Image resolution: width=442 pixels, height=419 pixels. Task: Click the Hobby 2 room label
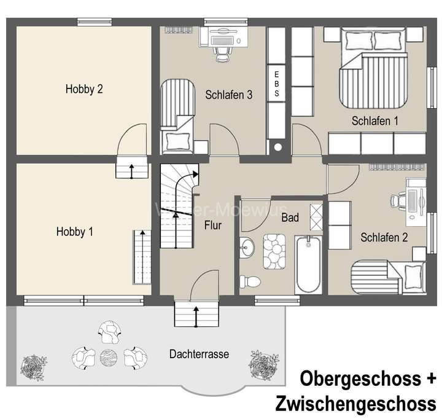[x=84, y=89]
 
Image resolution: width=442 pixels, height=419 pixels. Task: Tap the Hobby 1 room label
[x=75, y=232]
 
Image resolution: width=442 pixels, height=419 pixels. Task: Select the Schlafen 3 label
[x=230, y=95]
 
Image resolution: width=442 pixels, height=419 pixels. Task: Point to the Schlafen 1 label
[x=376, y=121]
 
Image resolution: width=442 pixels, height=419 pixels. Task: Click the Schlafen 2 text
[x=384, y=237]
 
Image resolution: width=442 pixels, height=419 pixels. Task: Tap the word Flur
[x=213, y=225]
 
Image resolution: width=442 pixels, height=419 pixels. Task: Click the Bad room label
[x=290, y=217]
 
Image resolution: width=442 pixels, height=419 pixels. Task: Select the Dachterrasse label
[x=199, y=354]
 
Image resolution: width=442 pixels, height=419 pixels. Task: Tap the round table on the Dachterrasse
[x=108, y=356]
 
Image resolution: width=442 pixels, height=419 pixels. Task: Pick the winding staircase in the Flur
[x=179, y=206]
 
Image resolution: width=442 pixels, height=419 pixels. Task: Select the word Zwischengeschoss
[x=356, y=404]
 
